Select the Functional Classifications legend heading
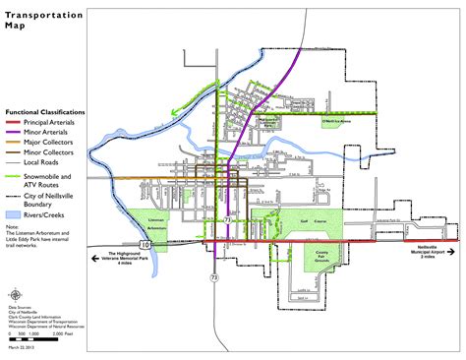pos(44,112)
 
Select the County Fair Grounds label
pos(321,258)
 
